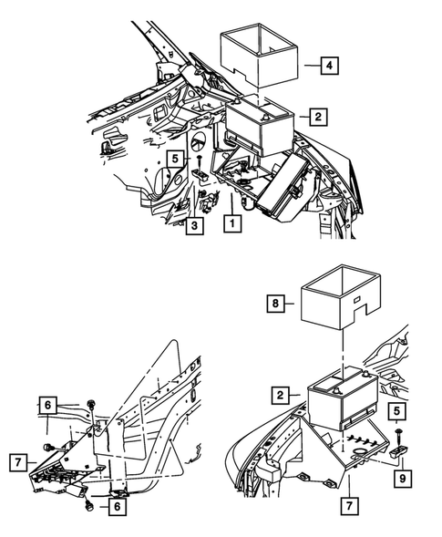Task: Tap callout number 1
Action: pos(233,222)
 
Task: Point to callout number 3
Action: pos(193,225)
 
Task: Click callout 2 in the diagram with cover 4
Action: pos(316,117)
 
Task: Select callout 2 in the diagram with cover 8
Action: pos(281,396)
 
